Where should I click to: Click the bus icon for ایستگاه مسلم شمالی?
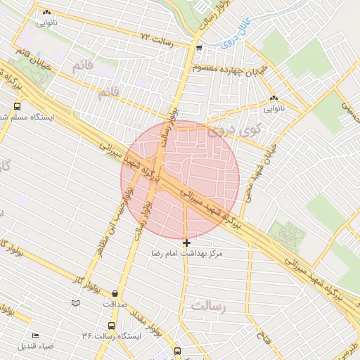click(17, 106)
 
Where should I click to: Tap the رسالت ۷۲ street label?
click(156, 36)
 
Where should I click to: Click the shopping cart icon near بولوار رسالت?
click(200, 48)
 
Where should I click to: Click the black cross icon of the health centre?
click(186, 242)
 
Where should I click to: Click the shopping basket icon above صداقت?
click(115, 294)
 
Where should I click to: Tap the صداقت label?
click(115, 304)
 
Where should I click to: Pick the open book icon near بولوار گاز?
click(76, 302)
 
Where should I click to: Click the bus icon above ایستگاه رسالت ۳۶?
click(111, 326)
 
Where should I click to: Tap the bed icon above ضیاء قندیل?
click(36, 335)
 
